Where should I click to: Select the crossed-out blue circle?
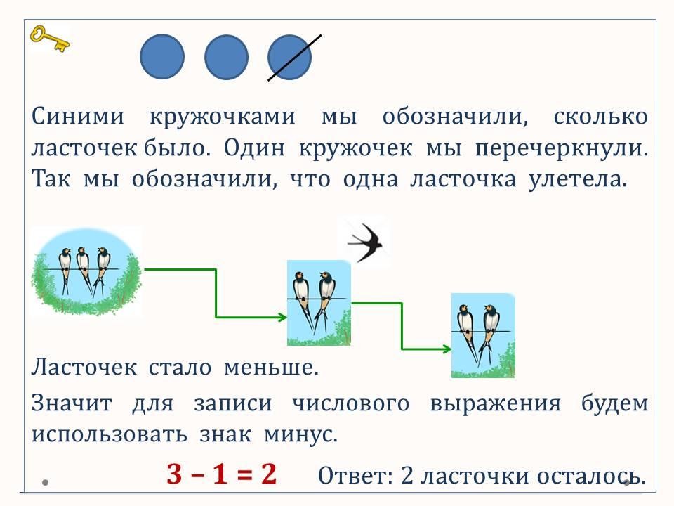(290, 57)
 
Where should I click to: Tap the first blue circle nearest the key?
(163, 57)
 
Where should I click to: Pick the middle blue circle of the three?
(226, 57)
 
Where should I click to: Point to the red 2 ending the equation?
(267, 475)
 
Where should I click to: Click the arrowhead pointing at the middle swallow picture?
(282, 317)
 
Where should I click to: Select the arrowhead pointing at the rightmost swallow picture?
(446, 349)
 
